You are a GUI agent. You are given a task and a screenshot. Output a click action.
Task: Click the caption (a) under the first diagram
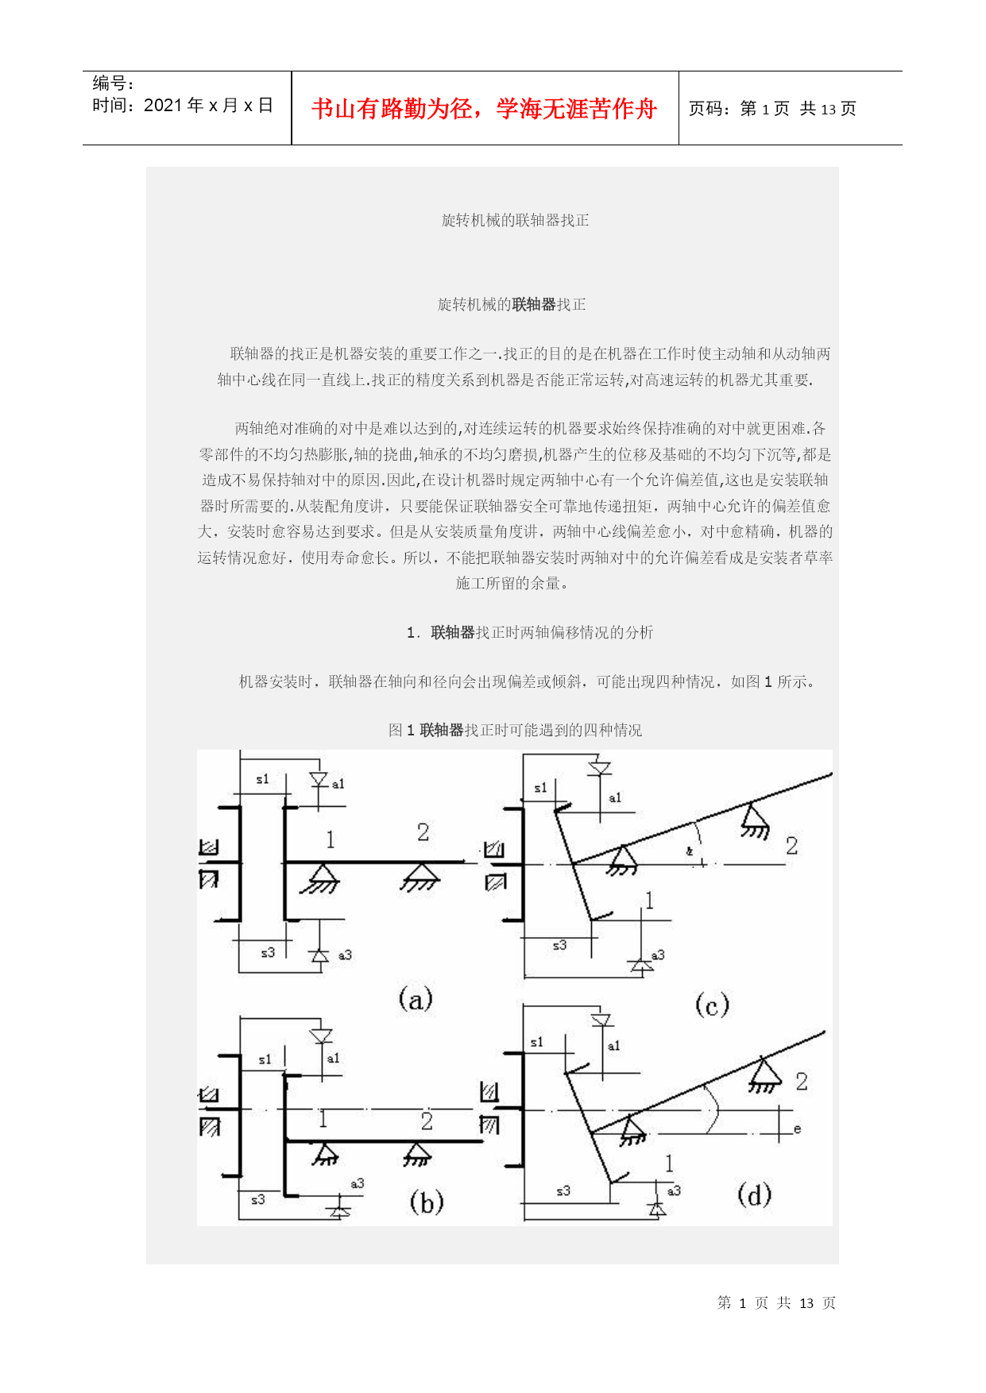416,998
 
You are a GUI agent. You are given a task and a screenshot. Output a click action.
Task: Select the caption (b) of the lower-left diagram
427,1202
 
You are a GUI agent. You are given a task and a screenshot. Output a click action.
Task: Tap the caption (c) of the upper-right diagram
712,1005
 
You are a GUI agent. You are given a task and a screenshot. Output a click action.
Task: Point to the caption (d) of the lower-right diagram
754,1194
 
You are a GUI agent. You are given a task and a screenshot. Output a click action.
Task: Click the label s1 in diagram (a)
262,779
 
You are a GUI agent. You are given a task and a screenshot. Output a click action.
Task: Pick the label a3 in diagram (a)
345,955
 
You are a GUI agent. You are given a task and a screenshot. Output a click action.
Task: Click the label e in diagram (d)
797,1129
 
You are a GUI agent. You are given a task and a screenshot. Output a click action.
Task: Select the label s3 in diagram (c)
560,945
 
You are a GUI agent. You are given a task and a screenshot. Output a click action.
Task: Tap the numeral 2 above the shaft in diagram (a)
423,832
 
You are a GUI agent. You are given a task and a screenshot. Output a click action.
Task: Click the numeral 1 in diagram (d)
669,1163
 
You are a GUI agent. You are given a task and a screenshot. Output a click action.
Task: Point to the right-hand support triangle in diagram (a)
420,876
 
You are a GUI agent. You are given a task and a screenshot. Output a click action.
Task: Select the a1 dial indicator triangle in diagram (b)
321,1036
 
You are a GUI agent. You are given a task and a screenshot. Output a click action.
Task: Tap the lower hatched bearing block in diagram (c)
495,882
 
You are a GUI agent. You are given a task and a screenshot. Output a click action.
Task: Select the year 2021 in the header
164,106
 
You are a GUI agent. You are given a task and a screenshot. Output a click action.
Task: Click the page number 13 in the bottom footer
806,1303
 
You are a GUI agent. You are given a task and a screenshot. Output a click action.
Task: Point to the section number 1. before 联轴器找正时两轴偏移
413,633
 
